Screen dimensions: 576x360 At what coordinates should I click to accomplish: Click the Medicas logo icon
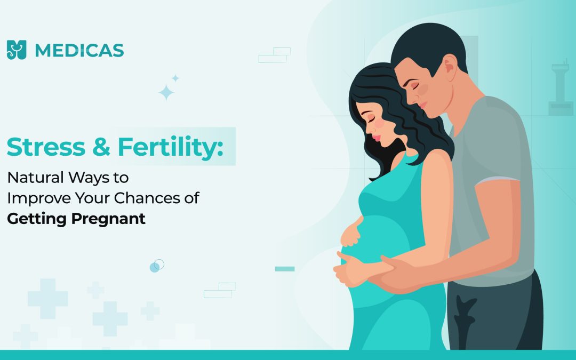point(17,50)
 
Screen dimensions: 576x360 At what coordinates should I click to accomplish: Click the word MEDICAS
point(79,50)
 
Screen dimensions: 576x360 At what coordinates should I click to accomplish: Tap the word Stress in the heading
point(46,147)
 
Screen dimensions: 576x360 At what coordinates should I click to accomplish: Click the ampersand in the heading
point(101,147)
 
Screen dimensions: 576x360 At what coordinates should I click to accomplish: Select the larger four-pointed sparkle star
point(166,92)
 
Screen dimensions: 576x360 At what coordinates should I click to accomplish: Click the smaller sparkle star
point(175,78)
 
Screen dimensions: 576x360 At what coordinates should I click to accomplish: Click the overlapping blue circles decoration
point(157,266)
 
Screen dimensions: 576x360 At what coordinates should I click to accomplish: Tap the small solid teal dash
point(285,269)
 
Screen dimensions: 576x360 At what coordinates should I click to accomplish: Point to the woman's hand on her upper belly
point(350,233)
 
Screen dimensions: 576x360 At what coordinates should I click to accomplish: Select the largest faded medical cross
point(48,299)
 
